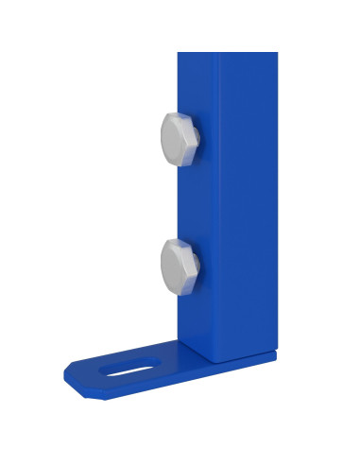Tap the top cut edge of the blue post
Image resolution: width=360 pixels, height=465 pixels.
point(227,53)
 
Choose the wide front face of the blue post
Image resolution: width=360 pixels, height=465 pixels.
point(248,208)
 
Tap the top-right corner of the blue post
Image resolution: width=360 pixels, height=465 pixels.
point(276,54)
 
